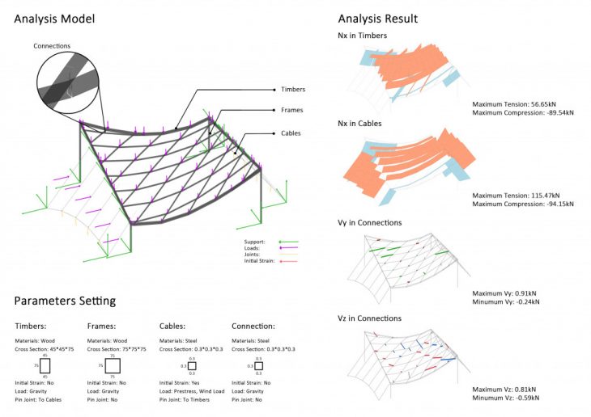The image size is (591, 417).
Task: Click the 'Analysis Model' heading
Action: pyautogui.click(x=54, y=18)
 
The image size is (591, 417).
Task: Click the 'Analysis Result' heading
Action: pyautogui.click(x=377, y=18)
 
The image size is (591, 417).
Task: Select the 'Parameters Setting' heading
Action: pyautogui.click(x=65, y=301)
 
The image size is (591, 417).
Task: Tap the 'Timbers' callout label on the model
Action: pyautogui.click(x=293, y=89)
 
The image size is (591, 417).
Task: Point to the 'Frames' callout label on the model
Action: pyautogui.click(x=291, y=110)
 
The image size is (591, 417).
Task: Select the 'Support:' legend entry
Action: pyautogui.click(x=255, y=241)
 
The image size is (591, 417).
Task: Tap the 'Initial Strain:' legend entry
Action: pyautogui.click(x=261, y=261)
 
